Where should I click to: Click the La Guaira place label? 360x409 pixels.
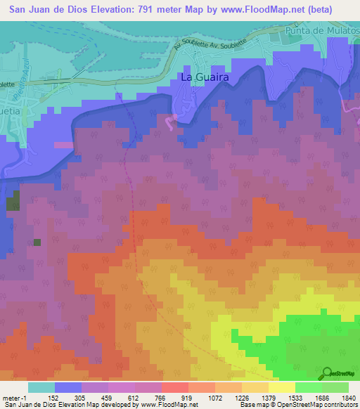[205, 78]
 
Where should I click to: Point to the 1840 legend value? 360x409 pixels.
[349, 397]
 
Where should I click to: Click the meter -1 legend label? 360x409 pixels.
[14, 397]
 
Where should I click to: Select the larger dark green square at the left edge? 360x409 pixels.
[13, 204]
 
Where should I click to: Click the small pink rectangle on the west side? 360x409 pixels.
[63, 145]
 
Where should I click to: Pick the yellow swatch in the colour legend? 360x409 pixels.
[282, 387]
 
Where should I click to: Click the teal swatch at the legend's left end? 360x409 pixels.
[41, 387]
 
